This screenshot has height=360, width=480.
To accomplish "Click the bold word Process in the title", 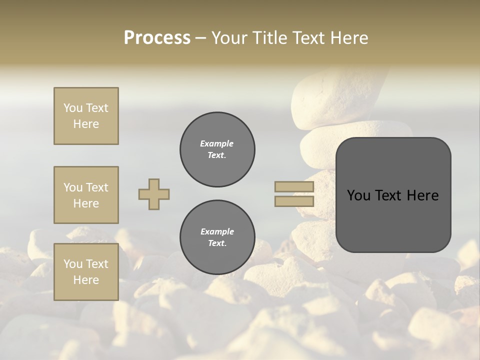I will pos(157,38).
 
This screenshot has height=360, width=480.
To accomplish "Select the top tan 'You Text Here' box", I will pos(86,116).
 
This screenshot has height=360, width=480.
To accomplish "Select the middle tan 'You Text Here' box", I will pos(86,195).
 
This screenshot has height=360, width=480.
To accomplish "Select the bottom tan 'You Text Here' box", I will pos(86,272).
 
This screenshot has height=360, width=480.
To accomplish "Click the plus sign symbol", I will pos(154,194).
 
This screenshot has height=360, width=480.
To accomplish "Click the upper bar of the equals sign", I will pos(294,187).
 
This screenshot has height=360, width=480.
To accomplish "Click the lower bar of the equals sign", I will pos(294,201).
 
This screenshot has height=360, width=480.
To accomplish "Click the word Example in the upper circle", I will pos(217,143).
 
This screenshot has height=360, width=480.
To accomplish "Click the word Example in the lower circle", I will pos(217,231).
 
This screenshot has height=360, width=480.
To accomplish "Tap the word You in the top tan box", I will pos(73,108).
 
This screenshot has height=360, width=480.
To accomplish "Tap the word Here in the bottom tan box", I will pos(86,280).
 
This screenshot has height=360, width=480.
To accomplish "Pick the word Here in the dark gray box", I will pos(423,195).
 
